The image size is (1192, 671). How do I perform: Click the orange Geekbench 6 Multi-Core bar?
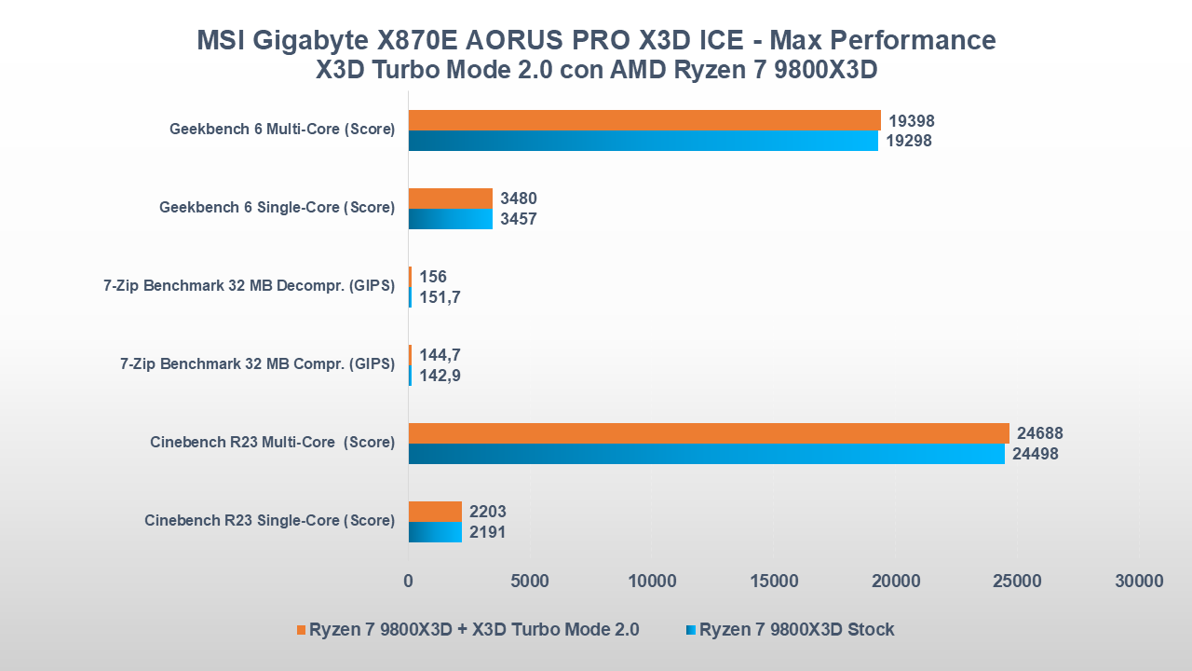coord(644,120)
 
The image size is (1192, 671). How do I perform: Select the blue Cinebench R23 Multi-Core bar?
coord(707,454)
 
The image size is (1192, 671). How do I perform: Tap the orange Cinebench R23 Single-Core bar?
coord(435,511)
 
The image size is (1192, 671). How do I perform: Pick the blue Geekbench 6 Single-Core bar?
coord(451,219)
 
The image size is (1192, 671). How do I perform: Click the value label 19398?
coord(911,121)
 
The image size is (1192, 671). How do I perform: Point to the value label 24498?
coord(1035,454)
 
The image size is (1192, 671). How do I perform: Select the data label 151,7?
coord(440,297)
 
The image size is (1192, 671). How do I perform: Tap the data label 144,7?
coord(440,355)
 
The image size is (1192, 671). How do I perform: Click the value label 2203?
coord(487,512)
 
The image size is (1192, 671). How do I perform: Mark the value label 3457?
coord(518,219)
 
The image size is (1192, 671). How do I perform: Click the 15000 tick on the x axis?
coord(774,581)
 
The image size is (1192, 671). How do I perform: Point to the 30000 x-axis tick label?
coord(1139,581)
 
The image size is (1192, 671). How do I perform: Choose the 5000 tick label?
coord(530,581)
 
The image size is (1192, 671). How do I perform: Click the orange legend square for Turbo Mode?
coord(301,630)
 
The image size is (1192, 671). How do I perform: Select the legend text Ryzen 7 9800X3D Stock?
coord(796,629)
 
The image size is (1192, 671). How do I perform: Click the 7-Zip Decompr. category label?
coord(249,286)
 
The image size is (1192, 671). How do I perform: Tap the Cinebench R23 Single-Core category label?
coord(269,521)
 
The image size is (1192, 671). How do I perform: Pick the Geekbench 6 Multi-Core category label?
coord(281,130)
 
